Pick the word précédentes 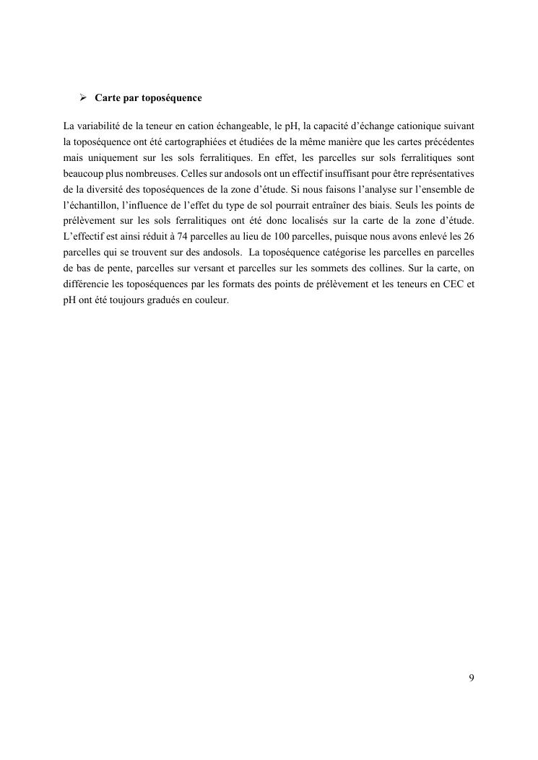pyautogui.click(x=447, y=142)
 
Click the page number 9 pyautogui.click(x=471, y=678)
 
